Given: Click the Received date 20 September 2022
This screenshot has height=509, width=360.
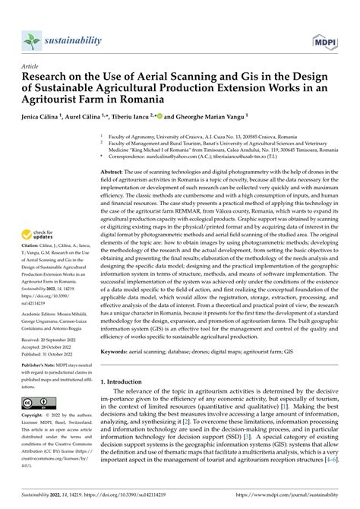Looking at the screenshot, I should (x=51, y=336).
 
